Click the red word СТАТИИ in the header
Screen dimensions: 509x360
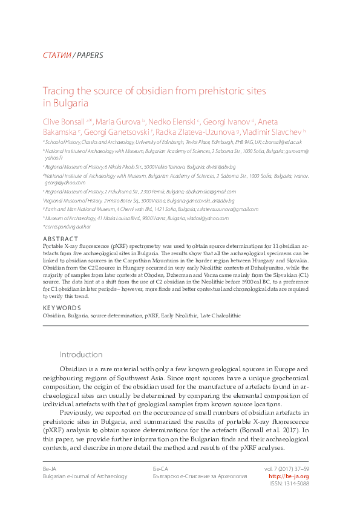click(57, 56)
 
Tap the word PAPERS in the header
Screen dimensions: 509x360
click(90, 56)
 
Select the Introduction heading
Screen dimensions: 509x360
click(80, 354)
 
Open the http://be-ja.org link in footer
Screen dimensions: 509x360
click(288, 476)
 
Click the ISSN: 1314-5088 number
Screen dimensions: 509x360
click(288, 484)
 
